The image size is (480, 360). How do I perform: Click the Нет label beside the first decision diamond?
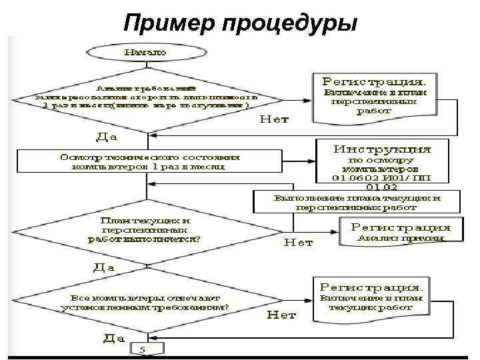pos(273,120)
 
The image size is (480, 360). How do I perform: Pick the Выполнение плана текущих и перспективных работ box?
pos(357,202)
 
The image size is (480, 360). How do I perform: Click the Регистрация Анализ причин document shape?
pos(400,231)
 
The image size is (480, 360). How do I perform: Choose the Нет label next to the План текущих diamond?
pos(298,243)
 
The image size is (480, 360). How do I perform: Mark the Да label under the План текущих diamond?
pos(103,267)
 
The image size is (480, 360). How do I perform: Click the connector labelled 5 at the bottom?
pos(145,349)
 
